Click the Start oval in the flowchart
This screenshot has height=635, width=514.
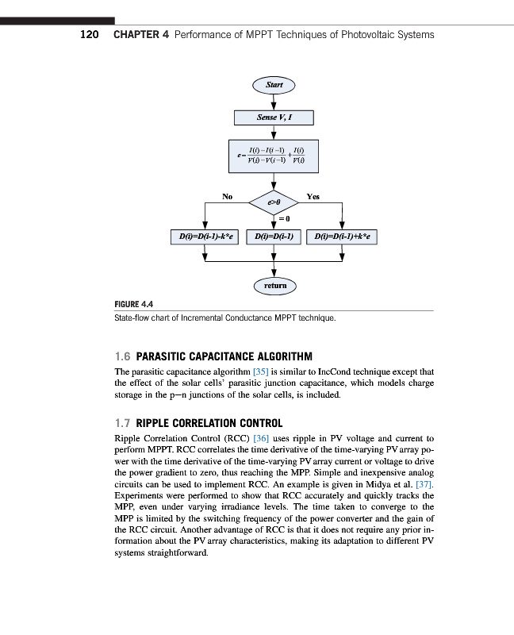tap(274, 84)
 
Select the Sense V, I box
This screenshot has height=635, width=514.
tap(274, 117)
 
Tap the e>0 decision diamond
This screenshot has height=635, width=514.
tap(274, 203)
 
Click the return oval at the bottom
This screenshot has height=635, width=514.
tap(274, 284)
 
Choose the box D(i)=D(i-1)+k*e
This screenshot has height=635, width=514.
tap(343, 237)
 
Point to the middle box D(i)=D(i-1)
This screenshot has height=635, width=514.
tap(274, 237)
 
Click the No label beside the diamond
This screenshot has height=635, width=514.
tap(227, 195)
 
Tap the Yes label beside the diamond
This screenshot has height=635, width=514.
tap(313, 195)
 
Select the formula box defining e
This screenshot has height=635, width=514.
tap(274, 156)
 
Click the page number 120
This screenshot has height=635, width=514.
tap(90, 35)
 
